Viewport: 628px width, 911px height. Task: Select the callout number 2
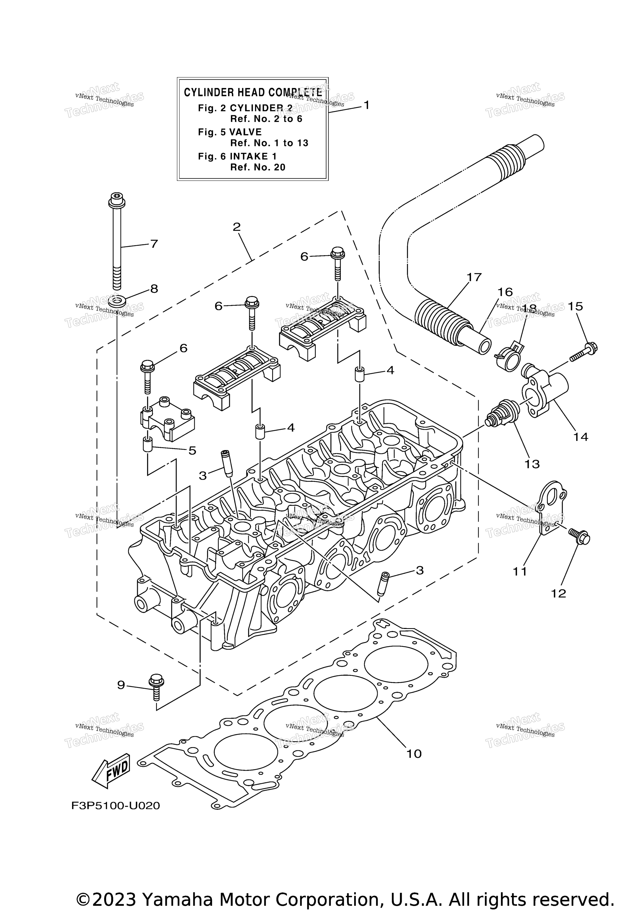click(x=237, y=227)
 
